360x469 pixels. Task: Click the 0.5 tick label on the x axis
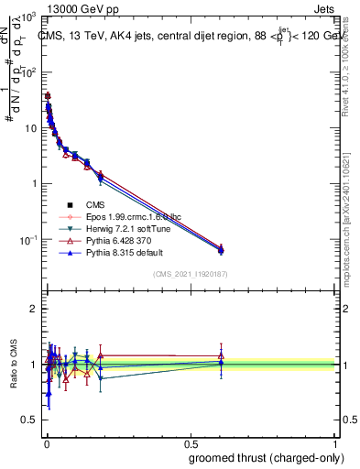click(x=190, y=443)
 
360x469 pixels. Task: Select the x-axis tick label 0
click(x=45, y=443)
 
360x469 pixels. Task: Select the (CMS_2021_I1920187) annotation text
click(x=190, y=273)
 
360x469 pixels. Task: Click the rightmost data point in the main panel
click(x=220, y=249)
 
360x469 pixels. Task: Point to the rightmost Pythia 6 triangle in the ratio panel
click(x=220, y=355)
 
